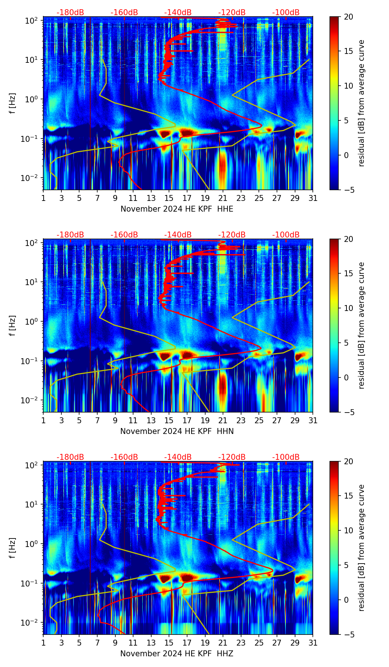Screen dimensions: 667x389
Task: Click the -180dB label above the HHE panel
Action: [70, 13]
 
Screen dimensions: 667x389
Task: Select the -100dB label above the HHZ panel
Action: [286, 457]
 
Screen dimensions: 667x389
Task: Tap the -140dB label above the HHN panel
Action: [178, 235]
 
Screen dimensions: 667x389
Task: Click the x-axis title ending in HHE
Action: [177, 209]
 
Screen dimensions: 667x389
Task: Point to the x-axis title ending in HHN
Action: [177, 431]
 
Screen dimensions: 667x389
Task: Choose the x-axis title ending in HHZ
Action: [177, 654]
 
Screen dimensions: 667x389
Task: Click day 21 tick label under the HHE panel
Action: [223, 198]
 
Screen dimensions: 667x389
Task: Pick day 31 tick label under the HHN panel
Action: [313, 421]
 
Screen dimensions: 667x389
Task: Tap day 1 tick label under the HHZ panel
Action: [43, 643]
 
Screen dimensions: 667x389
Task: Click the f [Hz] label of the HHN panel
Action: [13, 325]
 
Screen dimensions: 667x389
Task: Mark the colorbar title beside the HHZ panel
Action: [361, 548]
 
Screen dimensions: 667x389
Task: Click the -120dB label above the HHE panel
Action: [232, 13]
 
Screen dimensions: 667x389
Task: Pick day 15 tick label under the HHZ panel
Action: [169, 643]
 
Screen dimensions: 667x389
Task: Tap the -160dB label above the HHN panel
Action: [124, 235]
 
